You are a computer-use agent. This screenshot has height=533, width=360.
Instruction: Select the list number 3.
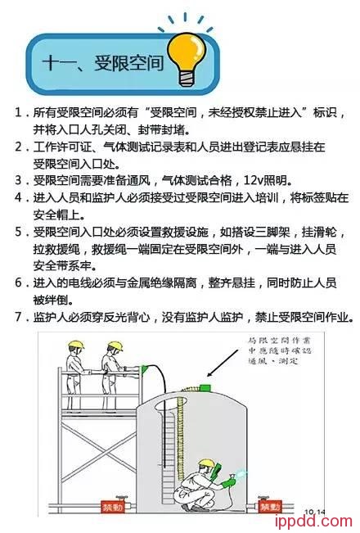pyautogui.click(x=18, y=179)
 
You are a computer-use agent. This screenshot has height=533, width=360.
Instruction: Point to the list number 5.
pyautogui.click(x=18, y=231)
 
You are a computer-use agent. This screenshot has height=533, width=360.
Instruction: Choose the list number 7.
pyautogui.click(x=18, y=316)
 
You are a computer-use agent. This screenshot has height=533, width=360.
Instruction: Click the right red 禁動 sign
pyautogui.click(x=270, y=507)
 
